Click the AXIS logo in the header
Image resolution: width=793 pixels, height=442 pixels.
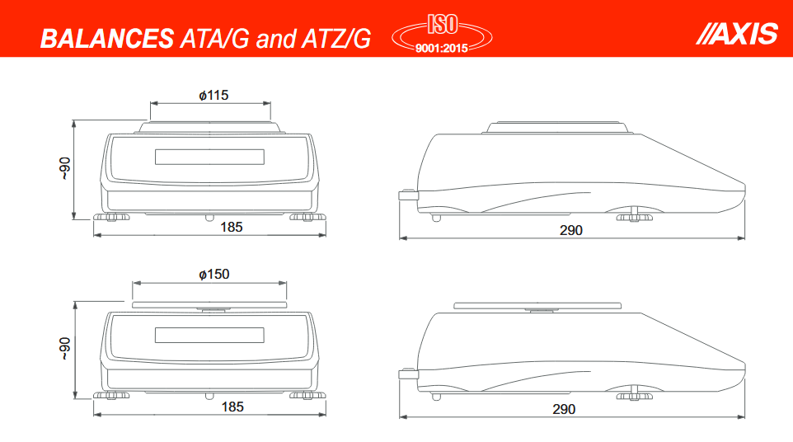[x=737, y=33]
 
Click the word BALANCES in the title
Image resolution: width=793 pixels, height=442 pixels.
[x=106, y=38]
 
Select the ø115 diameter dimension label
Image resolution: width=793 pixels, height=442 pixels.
[x=213, y=95]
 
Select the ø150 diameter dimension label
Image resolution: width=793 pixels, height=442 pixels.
[x=213, y=275]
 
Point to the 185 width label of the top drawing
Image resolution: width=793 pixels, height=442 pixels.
[x=232, y=227]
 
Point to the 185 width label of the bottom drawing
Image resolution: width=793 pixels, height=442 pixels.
[x=232, y=407]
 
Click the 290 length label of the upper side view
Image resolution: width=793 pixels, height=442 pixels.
[x=571, y=230]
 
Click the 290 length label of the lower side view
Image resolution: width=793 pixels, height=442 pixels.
[x=564, y=409]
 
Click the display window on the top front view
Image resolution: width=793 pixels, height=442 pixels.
[x=209, y=157]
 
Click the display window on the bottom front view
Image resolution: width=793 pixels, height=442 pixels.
[x=209, y=336]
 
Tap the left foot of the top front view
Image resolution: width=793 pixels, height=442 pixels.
[x=111, y=218]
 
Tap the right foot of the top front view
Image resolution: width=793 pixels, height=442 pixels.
[x=307, y=218]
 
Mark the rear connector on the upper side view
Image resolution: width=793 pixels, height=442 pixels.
[x=407, y=195]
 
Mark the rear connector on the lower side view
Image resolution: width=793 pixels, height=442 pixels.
[x=407, y=374]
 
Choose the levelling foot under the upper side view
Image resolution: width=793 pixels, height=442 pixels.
[x=633, y=216]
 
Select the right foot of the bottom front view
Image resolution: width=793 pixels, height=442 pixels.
[x=307, y=396]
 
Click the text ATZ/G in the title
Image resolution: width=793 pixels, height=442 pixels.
[x=339, y=38]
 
